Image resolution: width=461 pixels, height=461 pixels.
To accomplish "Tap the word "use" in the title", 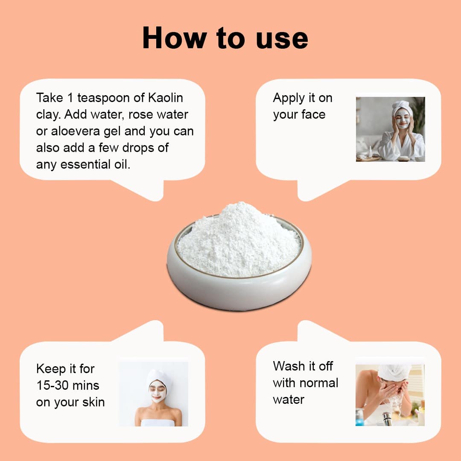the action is (282, 39).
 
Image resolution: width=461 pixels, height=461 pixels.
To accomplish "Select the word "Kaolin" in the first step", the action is (166, 98).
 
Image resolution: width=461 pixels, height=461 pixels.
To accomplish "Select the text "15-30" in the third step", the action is (53, 385).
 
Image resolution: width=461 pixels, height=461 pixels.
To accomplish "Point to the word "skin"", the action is (93, 402).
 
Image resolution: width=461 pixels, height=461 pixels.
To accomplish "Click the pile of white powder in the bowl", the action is (239, 239).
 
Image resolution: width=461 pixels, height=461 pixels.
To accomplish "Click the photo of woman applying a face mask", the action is (390, 129).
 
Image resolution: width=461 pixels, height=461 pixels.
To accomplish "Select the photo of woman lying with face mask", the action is (153, 394).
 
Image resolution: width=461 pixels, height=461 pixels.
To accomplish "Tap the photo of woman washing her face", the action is (390, 395).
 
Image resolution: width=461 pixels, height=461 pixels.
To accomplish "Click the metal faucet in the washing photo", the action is (387, 419).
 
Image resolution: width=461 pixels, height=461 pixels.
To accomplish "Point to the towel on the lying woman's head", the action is (158, 377).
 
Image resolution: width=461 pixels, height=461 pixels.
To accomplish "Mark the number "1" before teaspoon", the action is (70, 98).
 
